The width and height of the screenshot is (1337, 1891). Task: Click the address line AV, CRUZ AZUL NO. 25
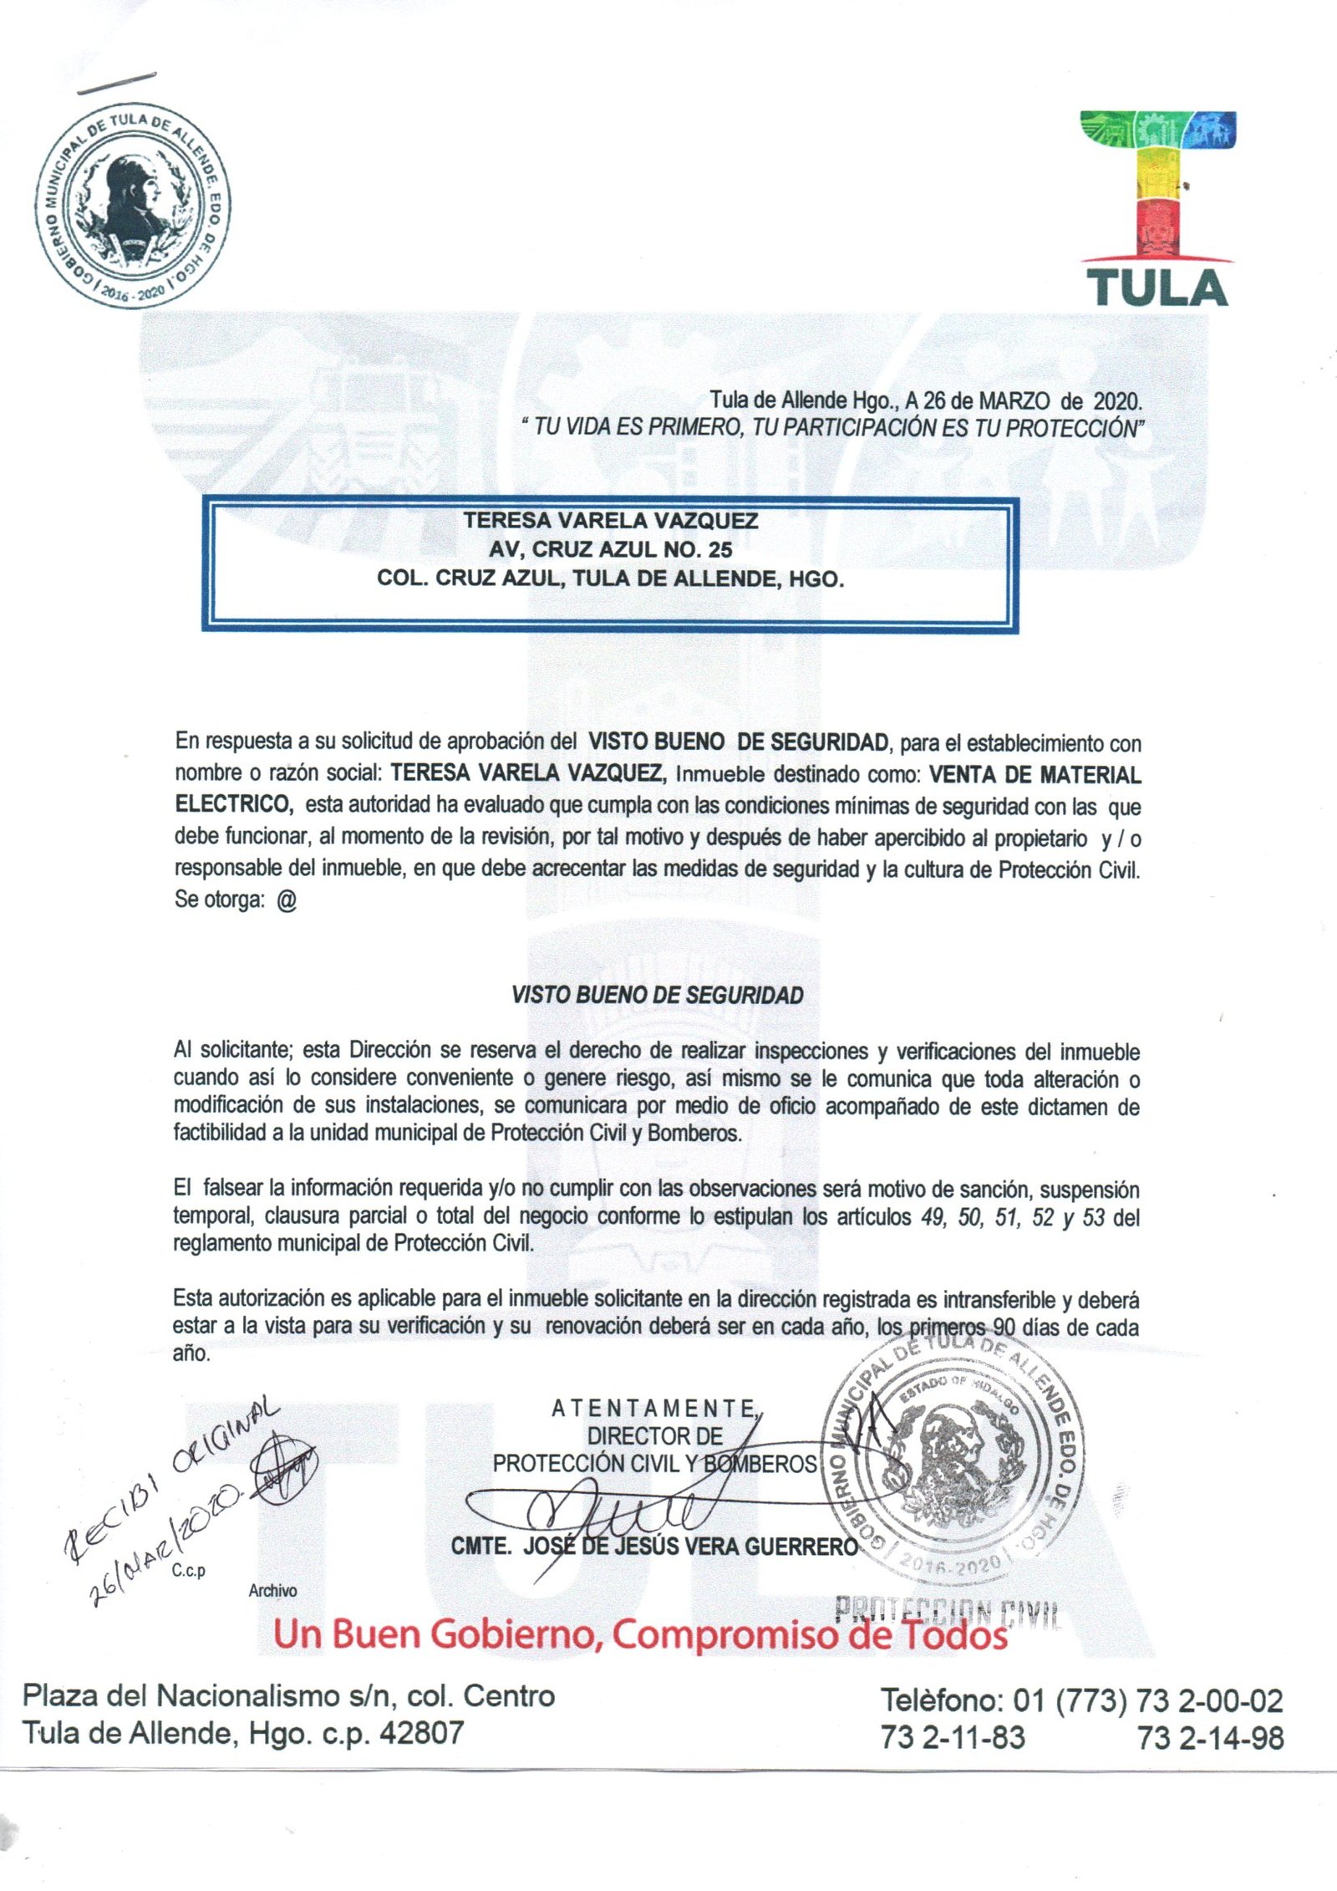coord(610,549)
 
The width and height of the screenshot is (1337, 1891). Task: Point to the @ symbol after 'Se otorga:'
coord(286,901)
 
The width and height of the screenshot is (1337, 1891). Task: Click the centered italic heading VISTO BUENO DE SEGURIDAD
coord(657,996)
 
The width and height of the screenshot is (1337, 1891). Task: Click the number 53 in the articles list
coord(1094,1216)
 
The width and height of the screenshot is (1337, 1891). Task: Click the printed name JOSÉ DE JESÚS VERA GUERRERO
coord(689,1547)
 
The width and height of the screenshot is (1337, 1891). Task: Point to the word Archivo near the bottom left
coord(272,1591)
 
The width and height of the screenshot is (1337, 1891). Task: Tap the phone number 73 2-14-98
coord(1210,1738)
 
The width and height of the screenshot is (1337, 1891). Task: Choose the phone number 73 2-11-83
coord(953,1738)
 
